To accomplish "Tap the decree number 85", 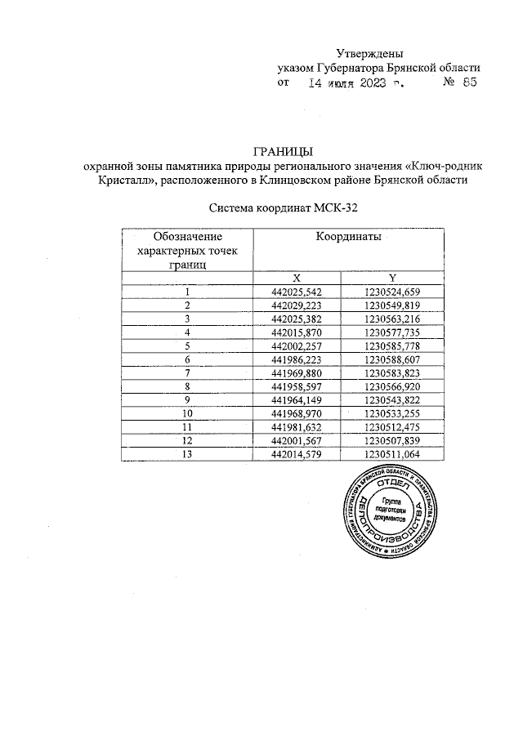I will point(468,82).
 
